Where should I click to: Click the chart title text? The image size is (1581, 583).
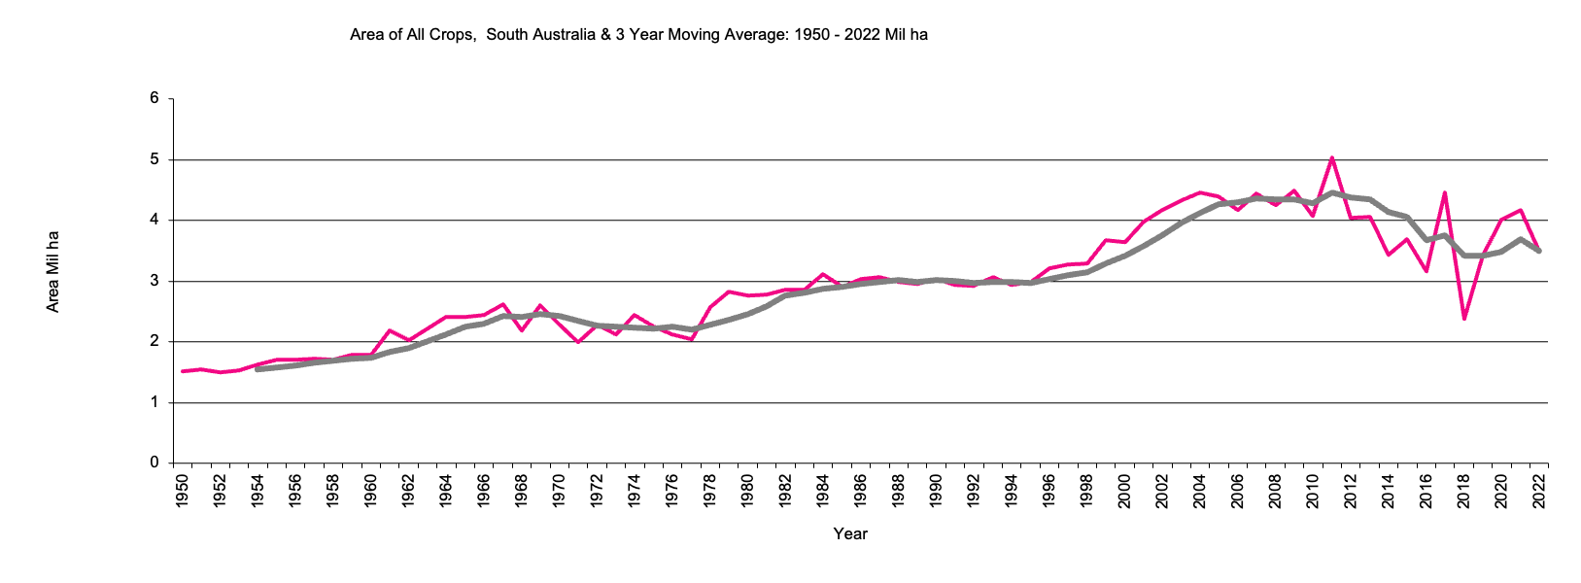click(x=638, y=35)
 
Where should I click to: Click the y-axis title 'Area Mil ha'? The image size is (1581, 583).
click(x=53, y=272)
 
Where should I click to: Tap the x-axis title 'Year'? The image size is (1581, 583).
click(x=850, y=533)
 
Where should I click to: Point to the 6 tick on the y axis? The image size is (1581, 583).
click(x=155, y=98)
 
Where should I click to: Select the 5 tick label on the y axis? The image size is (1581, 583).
click(x=155, y=159)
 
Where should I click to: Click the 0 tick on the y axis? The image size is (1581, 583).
click(x=155, y=463)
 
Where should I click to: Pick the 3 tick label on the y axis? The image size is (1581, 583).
click(x=155, y=281)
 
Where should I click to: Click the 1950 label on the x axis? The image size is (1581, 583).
click(x=182, y=491)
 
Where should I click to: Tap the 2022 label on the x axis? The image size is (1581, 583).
click(x=1538, y=491)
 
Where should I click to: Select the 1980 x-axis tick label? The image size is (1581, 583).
click(x=747, y=491)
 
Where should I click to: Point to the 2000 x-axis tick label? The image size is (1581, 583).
click(x=1124, y=491)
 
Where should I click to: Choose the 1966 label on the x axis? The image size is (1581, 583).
click(x=483, y=491)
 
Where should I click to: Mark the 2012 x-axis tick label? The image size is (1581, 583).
click(x=1350, y=491)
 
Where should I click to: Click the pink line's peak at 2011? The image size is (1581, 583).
click(x=1331, y=158)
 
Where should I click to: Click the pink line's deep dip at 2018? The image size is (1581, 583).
click(x=1463, y=318)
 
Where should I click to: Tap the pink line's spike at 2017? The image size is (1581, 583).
click(x=1445, y=193)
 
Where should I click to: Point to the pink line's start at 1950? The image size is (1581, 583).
click(x=183, y=371)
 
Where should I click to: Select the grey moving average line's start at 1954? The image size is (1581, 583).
click(x=258, y=369)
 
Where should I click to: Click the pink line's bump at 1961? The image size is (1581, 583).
click(x=390, y=330)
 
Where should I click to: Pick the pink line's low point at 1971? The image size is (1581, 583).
click(x=577, y=342)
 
